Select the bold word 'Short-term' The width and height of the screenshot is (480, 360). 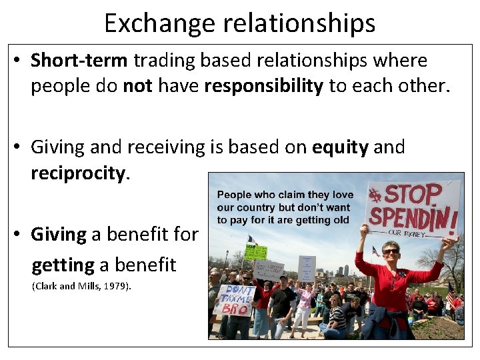(79, 60)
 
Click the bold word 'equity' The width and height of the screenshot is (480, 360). (340, 147)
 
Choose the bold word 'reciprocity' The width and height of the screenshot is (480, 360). (77, 174)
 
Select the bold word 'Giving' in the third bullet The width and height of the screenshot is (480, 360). (59, 234)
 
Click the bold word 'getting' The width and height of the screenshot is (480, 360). (63, 265)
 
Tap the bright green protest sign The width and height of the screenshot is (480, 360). (255, 253)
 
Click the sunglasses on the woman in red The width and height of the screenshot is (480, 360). (391, 251)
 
